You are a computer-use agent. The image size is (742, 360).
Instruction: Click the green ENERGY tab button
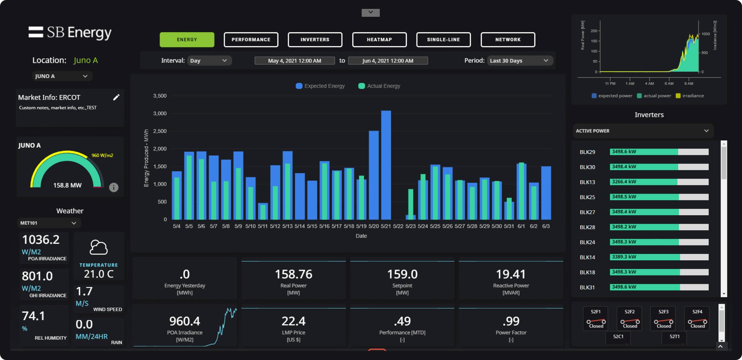187,40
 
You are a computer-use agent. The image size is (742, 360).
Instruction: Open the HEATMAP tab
379,40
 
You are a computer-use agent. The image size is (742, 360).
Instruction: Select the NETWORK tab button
508,40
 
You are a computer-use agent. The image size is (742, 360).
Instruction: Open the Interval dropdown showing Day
209,60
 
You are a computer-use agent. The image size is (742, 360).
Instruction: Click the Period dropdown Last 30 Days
519,60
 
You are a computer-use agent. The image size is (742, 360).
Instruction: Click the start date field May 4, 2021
295,60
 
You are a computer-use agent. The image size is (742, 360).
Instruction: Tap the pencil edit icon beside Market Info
116,97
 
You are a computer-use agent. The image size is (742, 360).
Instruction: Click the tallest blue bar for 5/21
386,165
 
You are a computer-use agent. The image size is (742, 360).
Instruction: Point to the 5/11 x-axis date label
263,226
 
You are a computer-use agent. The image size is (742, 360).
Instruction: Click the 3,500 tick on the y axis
160,96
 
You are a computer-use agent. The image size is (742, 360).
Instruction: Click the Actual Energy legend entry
380,86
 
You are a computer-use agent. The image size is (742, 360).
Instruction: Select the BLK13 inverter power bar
659,182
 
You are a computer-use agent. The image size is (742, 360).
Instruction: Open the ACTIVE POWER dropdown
643,131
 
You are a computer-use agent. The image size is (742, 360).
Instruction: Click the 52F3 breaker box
663,318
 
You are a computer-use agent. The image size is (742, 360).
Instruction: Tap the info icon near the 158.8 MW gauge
114,187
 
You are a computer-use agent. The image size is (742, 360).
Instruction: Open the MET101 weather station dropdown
49,223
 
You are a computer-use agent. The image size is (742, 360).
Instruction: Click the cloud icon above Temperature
99,247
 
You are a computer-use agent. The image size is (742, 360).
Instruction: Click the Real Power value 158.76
293,274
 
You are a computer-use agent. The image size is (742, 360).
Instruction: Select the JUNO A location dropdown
62,76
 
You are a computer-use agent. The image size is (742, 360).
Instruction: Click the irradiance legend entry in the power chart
690,96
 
